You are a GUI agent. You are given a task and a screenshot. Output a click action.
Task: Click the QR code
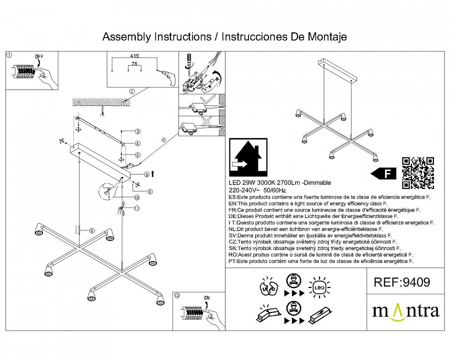[418, 173]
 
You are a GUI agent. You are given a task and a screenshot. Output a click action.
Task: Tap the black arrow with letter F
[383, 173]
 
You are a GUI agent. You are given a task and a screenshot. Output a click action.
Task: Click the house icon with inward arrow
[248, 158]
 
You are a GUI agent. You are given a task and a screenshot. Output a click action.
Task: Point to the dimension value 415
[134, 57]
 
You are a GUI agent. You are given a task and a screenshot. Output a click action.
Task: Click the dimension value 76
[134, 64]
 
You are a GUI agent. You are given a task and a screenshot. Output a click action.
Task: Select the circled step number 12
[176, 295]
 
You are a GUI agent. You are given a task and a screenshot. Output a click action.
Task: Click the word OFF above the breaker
[39, 56]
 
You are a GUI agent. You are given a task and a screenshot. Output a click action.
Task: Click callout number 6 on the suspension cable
[92, 230]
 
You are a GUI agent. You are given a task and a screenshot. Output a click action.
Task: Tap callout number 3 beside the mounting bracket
[136, 131]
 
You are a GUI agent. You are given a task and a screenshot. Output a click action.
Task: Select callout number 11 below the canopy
[136, 208]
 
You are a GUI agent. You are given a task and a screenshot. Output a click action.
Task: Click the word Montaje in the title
[325, 37]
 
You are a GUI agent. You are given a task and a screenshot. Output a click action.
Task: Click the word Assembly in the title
[126, 37]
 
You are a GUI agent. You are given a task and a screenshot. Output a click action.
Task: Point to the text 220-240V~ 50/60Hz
[257, 190]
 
